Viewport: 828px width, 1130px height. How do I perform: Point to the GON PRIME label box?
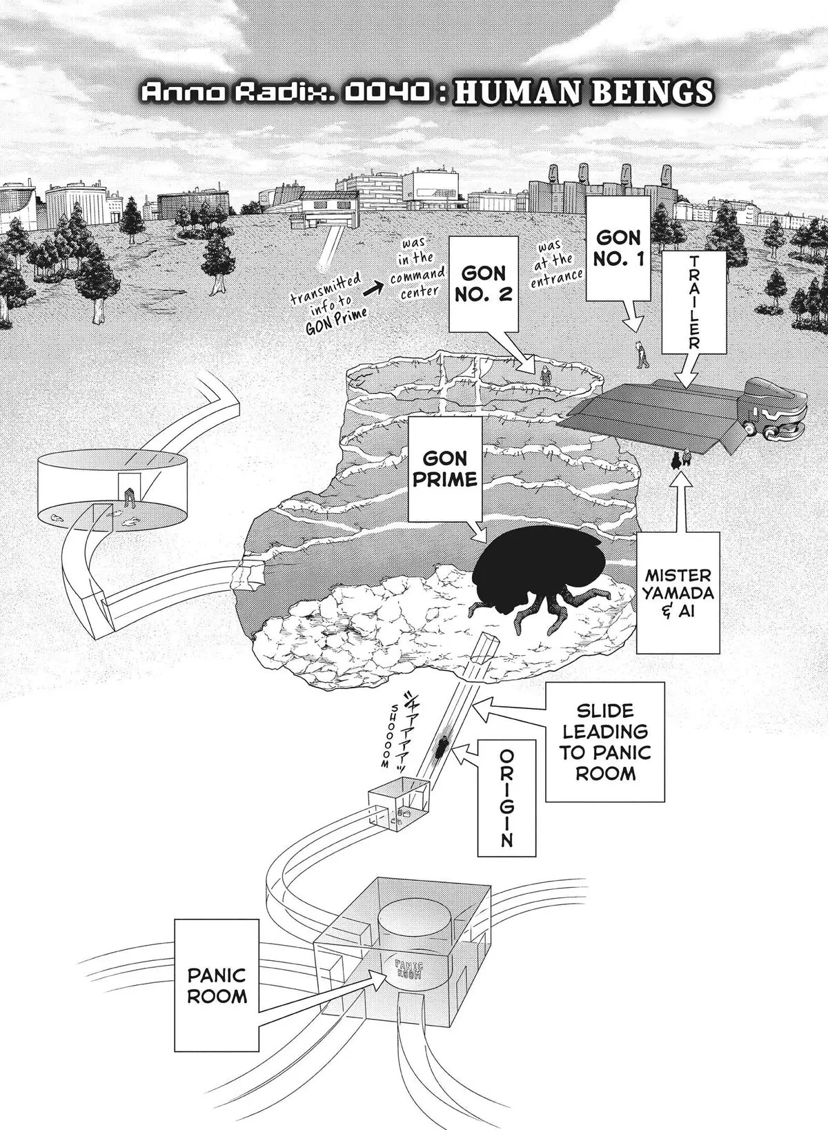(x=445, y=468)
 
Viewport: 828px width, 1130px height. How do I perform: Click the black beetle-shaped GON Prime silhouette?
(x=538, y=573)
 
